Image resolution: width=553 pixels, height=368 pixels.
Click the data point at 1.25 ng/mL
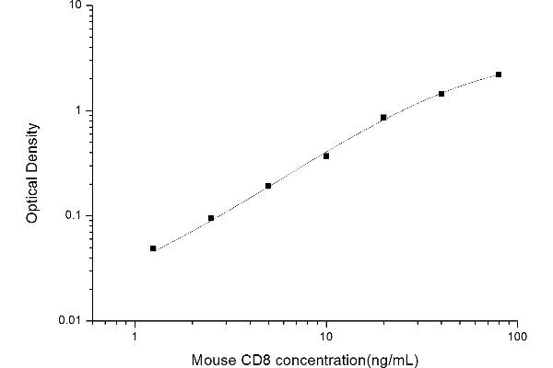[x=153, y=248]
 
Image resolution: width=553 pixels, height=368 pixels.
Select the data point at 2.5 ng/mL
[x=211, y=218]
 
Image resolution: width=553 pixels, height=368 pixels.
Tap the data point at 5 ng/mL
[x=268, y=186]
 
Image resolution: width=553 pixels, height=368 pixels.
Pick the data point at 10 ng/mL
[x=326, y=156]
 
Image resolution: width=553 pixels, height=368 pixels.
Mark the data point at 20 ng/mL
[x=383, y=118]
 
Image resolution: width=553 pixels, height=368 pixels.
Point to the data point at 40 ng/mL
[x=441, y=94]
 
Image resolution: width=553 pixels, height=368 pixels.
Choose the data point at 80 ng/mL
[x=499, y=75]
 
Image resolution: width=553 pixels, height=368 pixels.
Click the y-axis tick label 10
[x=76, y=6]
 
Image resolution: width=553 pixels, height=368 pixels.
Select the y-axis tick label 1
[x=80, y=110]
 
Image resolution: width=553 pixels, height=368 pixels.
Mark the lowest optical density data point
[x=153, y=248]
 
